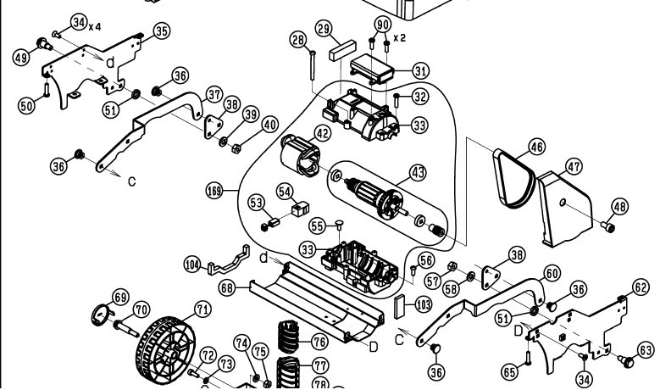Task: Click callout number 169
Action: [x=214, y=192]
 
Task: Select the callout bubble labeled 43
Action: [x=417, y=172]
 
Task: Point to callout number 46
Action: [x=536, y=147]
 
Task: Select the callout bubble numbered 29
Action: [x=323, y=29]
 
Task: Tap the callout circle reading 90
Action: [x=381, y=23]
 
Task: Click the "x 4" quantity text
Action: [x=94, y=27]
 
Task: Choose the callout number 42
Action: [x=323, y=133]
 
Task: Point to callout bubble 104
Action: [x=193, y=265]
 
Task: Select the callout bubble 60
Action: [x=552, y=273]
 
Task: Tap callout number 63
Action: [x=646, y=348]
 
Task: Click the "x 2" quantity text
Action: [x=399, y=38]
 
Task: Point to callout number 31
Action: [x=421, y=70]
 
